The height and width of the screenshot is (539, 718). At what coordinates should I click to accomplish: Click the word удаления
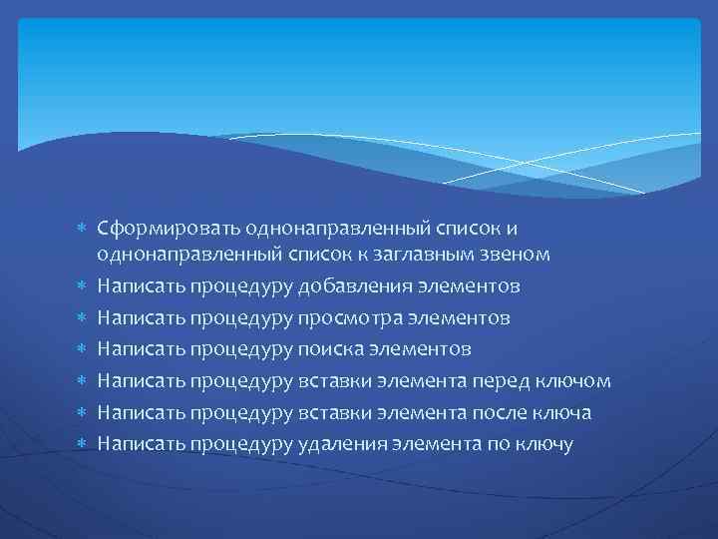(342, 444)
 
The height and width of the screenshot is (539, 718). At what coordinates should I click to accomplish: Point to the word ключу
(545, 444)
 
